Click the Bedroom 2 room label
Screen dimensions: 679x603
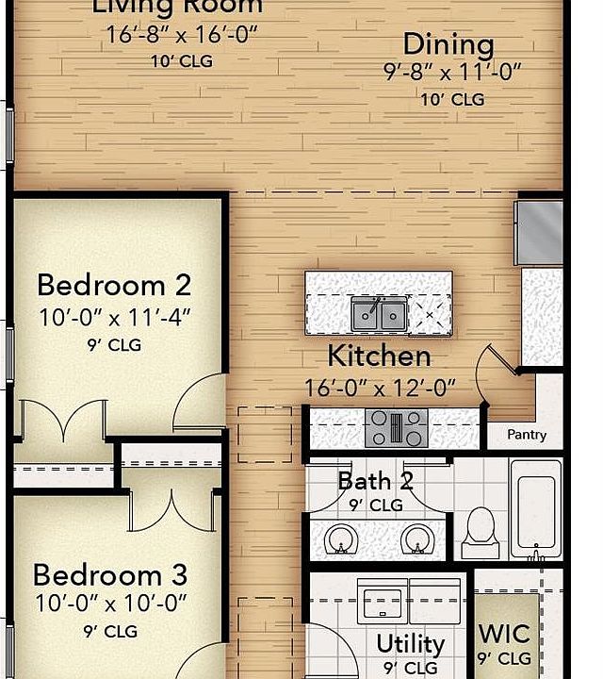114,284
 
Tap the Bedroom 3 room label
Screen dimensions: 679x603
110,573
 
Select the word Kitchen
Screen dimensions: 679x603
379,356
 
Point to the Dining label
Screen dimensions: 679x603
448,44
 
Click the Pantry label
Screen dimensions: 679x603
527,435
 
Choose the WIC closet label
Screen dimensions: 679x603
505,632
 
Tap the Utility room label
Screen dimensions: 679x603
411,644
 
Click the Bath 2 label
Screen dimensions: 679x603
375,481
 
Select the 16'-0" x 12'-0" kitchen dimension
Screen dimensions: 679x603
380,387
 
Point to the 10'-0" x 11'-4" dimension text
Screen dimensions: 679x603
115,316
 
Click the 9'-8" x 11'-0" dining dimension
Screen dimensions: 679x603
452,73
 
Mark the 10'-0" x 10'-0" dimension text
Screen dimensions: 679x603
110,602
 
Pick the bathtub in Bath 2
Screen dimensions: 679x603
535,509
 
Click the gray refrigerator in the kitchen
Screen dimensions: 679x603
540,230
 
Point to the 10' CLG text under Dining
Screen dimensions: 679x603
452,99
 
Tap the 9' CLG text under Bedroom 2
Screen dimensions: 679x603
114,345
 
